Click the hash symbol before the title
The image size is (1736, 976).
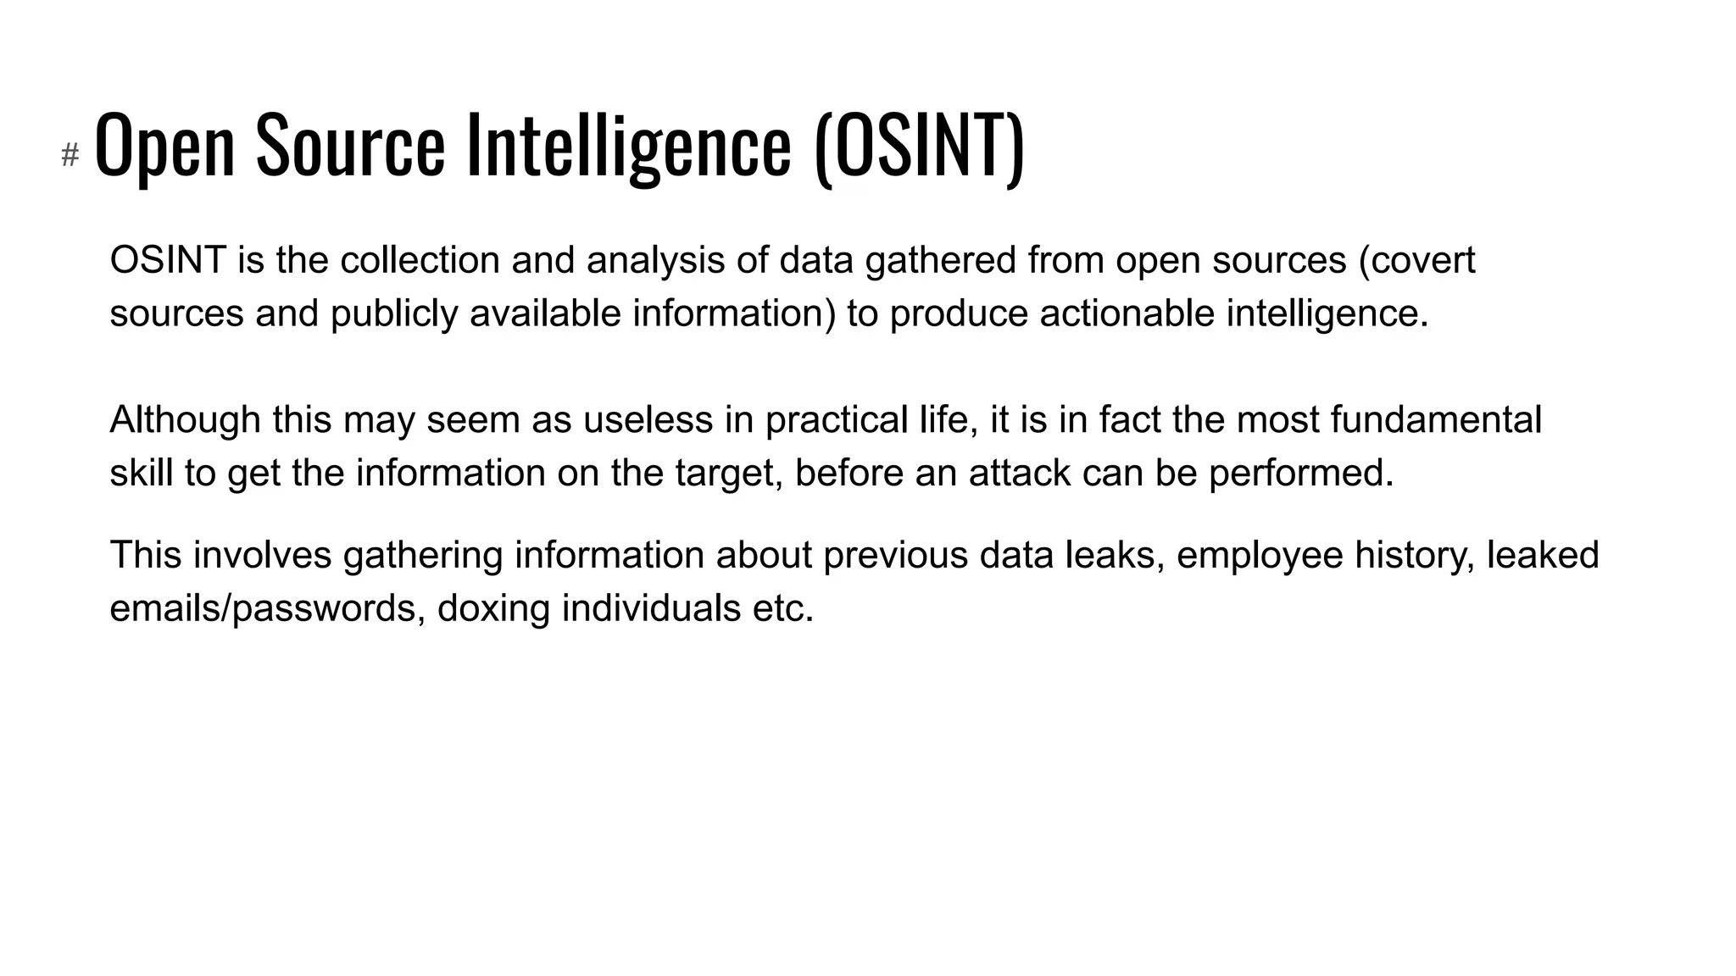pyautogui.click(x=70, y=155)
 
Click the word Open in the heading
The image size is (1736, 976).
pyautogui.click(x=164, y=146)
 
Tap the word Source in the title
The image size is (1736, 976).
pyautogui.click(x=350, y=146)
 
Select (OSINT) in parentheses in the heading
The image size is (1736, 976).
pyautogui.click(x=919, y=146)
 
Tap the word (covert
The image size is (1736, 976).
pyautogui.click(x=1416, y=260)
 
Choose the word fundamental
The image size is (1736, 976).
pyautogui.click(x=1435, y=420)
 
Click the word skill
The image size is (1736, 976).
pyautogui.click(x=141, y=473)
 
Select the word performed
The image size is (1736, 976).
pyautogui.click(x=1300, y=473)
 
